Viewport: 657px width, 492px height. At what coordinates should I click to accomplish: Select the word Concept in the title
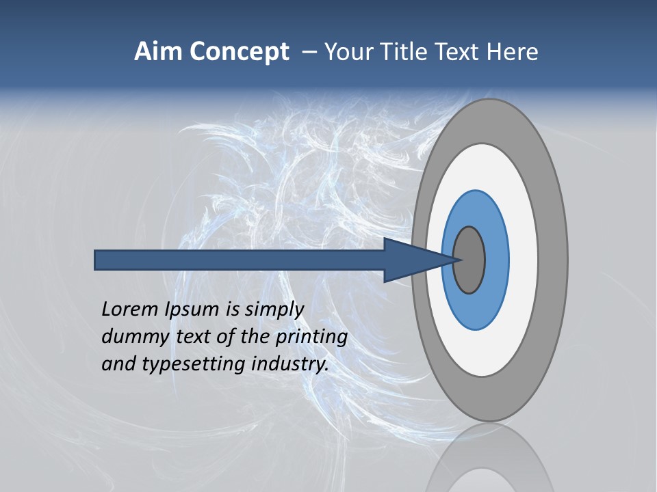[240, 52]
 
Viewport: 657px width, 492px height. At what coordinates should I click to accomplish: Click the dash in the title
[309, 53]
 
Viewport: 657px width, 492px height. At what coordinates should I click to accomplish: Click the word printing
[311, 338]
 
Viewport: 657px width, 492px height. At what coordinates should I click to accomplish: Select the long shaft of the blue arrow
[240, 260]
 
